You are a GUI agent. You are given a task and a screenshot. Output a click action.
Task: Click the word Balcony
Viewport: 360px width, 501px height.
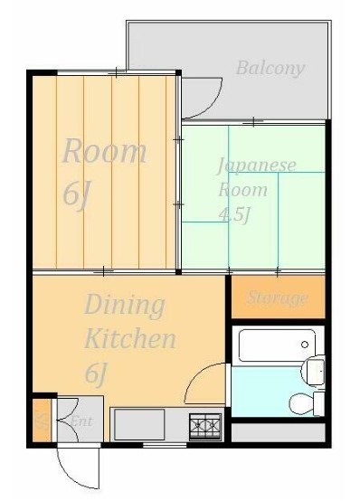[x=270, y=68]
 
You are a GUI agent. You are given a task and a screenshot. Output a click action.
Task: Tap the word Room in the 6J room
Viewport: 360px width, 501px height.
[x=103, y=151]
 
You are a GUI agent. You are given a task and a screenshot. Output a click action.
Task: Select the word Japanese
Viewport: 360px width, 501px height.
[x=256, y=165]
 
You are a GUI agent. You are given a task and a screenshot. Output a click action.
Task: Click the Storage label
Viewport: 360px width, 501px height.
[x=278, y=298]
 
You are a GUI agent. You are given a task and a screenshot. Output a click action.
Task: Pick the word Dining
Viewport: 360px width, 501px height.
[x=125, y=305]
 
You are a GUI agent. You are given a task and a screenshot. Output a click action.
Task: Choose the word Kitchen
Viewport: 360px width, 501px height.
[x=129, y=340]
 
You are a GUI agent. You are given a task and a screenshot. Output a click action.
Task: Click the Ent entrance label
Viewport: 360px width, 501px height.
[x=81, y=421]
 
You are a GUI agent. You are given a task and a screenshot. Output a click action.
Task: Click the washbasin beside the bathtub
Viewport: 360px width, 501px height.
[x=314, y=369]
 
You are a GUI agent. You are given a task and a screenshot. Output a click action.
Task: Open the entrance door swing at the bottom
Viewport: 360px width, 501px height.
[x=75, y=466]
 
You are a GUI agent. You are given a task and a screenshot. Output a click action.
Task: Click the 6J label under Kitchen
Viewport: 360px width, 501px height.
[x=97, y=373]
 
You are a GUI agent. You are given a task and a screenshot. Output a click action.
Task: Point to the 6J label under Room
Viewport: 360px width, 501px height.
[x=77, y=194]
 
